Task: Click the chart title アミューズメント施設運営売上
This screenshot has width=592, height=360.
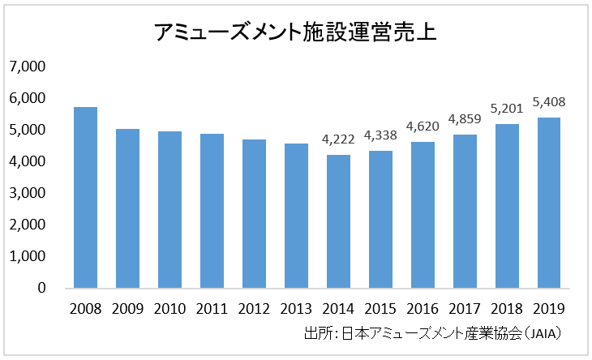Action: [x=296, y=32]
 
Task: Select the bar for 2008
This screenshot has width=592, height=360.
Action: [x=85, y=198]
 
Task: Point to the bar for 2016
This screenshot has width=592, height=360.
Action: [x=423, y=215]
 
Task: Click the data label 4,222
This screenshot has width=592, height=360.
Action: [x=338, y=139]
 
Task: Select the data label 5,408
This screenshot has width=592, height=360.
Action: [x=549, y=102]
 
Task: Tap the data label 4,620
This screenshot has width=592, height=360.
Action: [x=423, y=126]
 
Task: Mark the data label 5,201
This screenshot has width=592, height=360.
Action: [x=507, y=108]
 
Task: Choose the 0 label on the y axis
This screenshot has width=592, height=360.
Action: [x=41, y=288]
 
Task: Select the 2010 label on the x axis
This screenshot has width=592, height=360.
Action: [x=169, y=308]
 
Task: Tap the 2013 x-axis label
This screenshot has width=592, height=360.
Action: [x=296, y=308]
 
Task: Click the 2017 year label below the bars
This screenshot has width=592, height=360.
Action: [x=465, y=308]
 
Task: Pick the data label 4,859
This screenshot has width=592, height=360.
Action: [x=465, y=119]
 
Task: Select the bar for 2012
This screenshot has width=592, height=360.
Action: [x=254, y=214]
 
